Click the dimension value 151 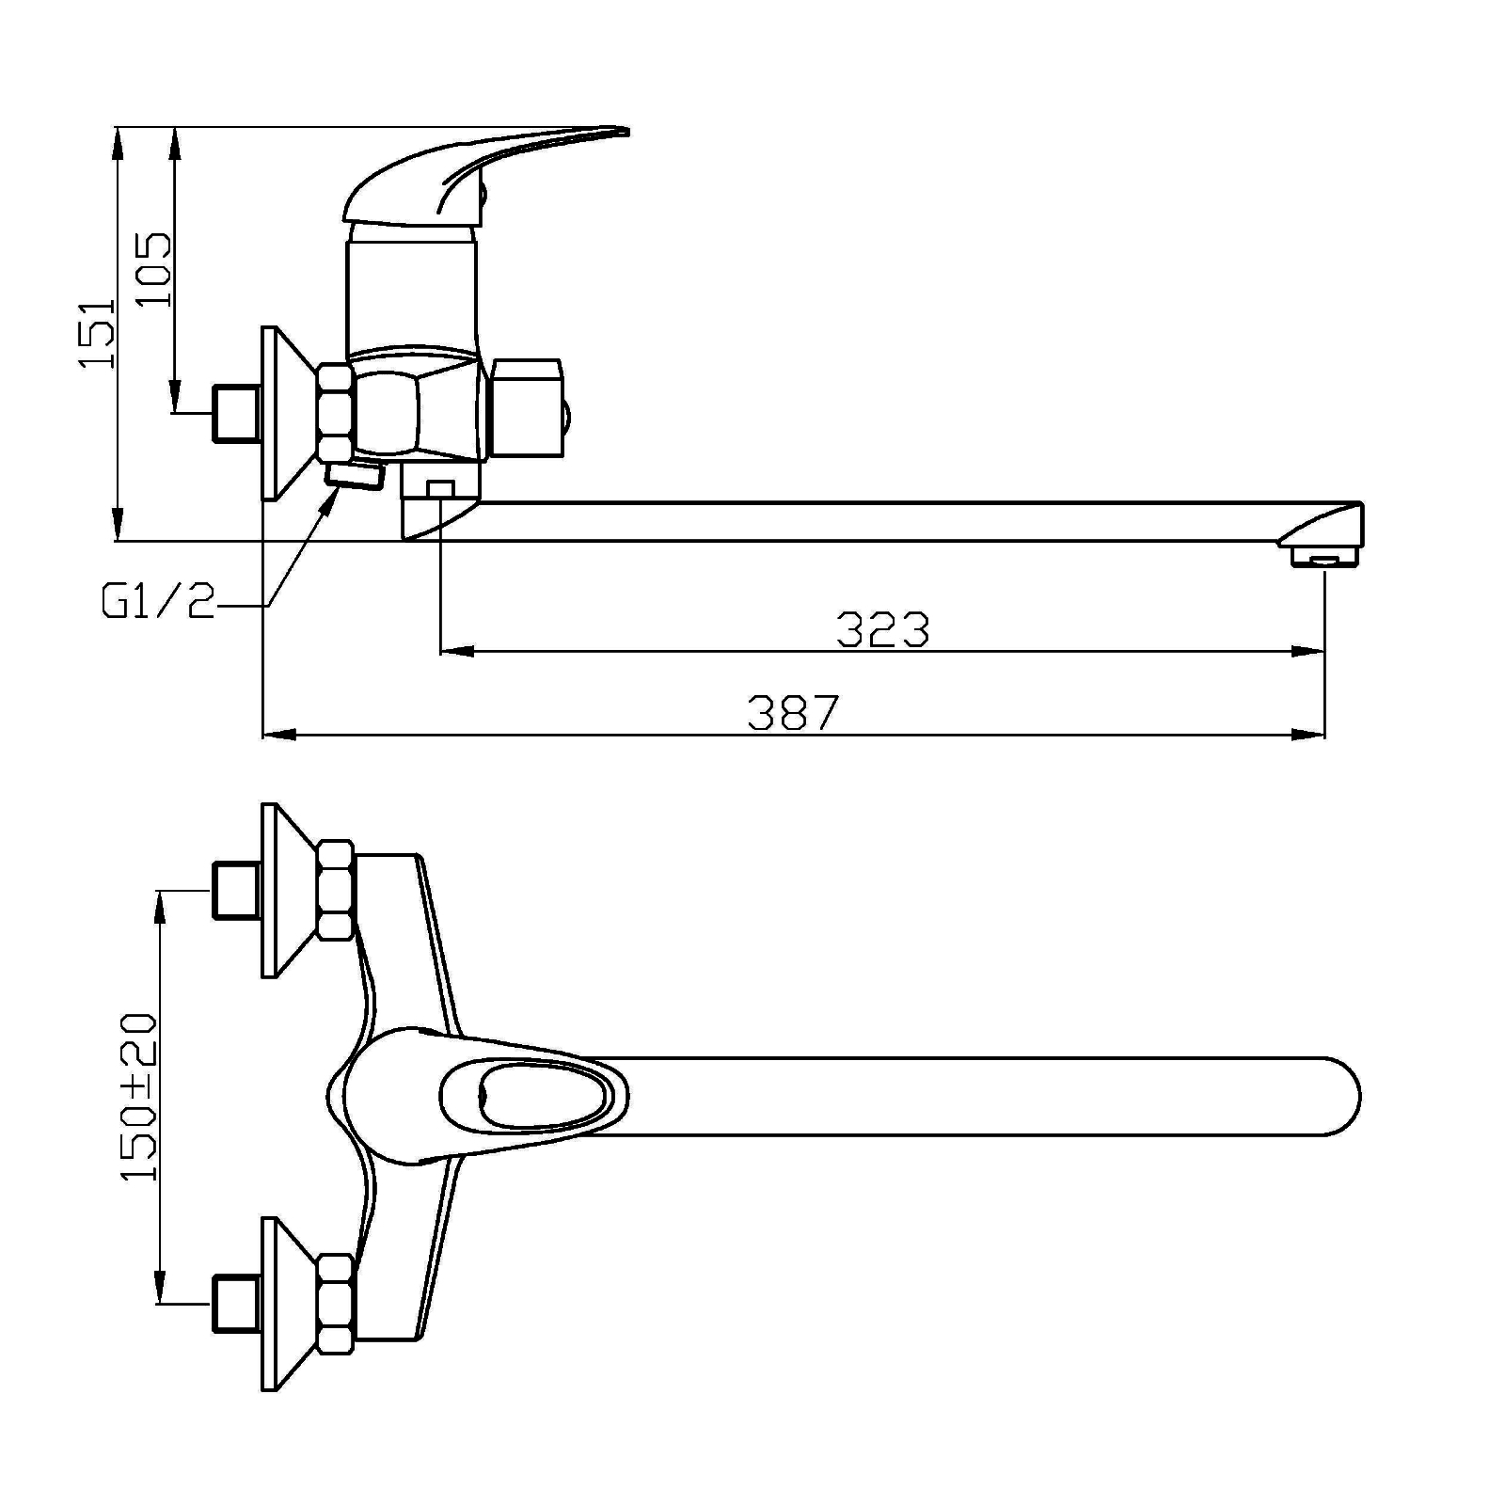coord(97,333)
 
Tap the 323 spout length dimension coord(882,630)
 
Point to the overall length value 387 coord(792,713)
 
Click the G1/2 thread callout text coord(159,602)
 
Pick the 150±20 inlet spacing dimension coord(138,1097)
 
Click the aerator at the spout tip coord(1325,558)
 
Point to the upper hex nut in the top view coord(336,890)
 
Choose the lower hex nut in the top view coord(336,1304)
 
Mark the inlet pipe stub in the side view coord(237,413)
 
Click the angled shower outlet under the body coord(354,474)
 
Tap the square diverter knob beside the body coord(528,407)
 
